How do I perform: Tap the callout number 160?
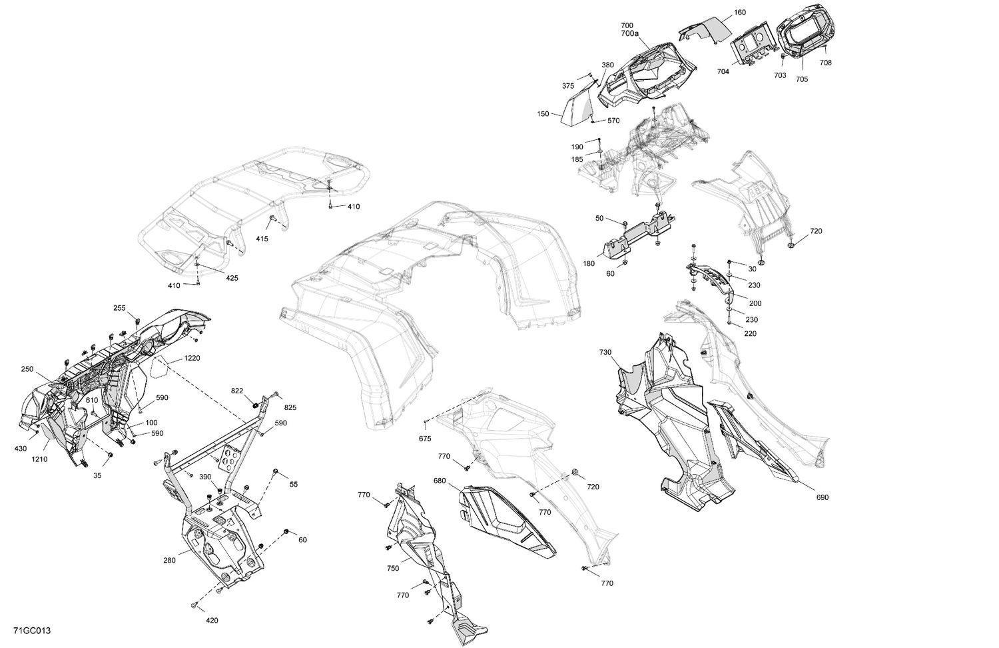click(x=721, y=13)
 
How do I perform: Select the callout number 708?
click(x=825, y=63)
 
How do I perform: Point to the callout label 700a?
click(x=630, y=33)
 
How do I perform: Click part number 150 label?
click(x=543, y=114)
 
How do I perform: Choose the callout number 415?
click(x=262, y=239)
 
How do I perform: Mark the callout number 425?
click(x=231, y=277)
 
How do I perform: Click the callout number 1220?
click(x=192, y=358)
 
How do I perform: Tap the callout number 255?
click(x=119, y=308)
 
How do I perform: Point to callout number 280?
click(x=169, y=561)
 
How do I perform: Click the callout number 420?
click(x=212, y=621)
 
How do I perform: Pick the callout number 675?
click(x=425, y=438)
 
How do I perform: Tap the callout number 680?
click(x=439, y=480)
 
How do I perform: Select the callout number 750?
click(x=393, y=569)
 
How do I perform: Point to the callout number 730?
click(x=605, y=352)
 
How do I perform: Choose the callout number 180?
click(x=589, y=263)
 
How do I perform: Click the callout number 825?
click(x=290, y=407)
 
